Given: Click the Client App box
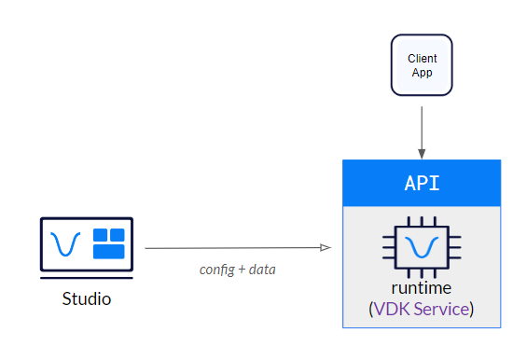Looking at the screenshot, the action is [x=422, y=65].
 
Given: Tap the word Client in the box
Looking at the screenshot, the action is [x=423, y=59].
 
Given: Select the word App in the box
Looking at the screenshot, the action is [x=423, y=73].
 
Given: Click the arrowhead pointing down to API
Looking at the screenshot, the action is [x=422, y=154].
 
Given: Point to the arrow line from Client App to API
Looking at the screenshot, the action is [x=422, y=132].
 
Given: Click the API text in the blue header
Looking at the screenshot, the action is [x=423, y=183].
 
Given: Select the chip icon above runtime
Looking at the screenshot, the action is [x=422, y=247].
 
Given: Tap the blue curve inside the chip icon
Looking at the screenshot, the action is [x=422, y=246].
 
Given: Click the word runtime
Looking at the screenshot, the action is [x=422, y=288].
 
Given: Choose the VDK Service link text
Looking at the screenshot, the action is [x=422, y=309].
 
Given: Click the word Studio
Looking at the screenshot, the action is [x=87, y=298].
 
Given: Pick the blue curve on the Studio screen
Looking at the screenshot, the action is [x=65, y=243].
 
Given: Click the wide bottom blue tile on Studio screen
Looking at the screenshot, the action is [x=108, y=252].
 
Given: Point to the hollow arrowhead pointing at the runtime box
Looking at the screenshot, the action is [x=326, y=248].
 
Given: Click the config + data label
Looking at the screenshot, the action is [x=238, y=270].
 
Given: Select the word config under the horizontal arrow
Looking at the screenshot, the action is [x=216, y=270].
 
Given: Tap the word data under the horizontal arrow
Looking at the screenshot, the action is [x=262, y=270].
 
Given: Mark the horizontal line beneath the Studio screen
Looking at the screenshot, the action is [x=87, y=278].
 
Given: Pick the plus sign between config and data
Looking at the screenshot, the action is [x=242, y=270].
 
